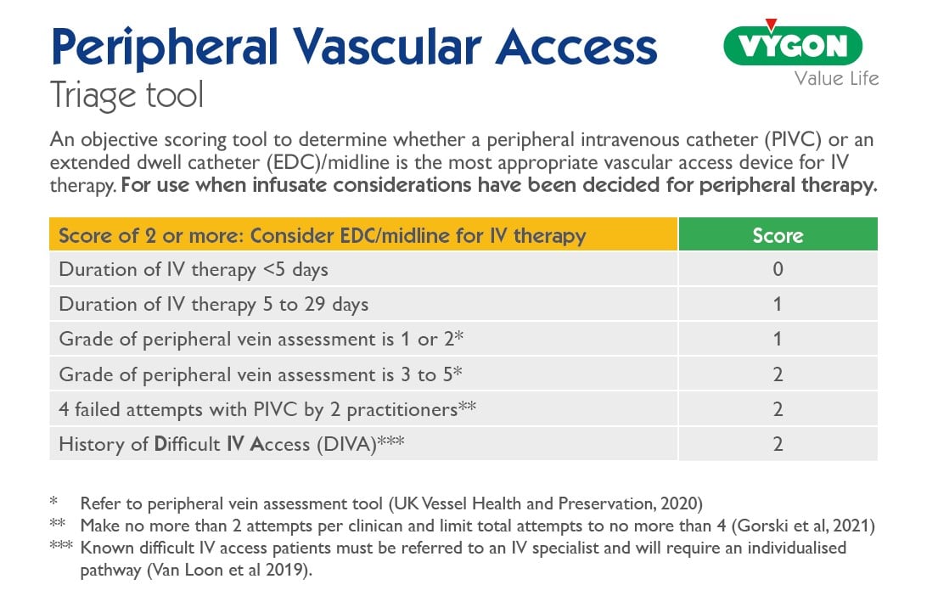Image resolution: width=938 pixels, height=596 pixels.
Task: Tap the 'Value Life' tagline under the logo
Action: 836,79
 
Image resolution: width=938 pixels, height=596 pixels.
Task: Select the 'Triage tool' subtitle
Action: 127,94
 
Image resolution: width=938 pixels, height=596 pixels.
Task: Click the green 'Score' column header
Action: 778,234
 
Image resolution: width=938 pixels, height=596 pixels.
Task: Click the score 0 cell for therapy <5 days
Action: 778,270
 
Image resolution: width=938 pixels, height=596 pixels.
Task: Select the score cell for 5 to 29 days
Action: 778,304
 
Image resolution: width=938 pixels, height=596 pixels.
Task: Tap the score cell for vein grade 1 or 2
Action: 778,340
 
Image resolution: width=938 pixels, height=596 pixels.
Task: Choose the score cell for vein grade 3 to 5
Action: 778,374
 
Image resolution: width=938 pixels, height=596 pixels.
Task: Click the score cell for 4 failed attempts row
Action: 778,409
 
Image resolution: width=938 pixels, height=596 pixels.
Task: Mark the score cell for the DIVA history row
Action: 778,444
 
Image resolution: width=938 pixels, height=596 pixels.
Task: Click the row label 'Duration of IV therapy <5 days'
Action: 194,270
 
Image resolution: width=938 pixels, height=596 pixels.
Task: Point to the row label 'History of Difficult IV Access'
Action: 229,444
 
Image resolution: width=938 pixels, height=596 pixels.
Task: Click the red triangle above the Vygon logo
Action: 771,25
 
